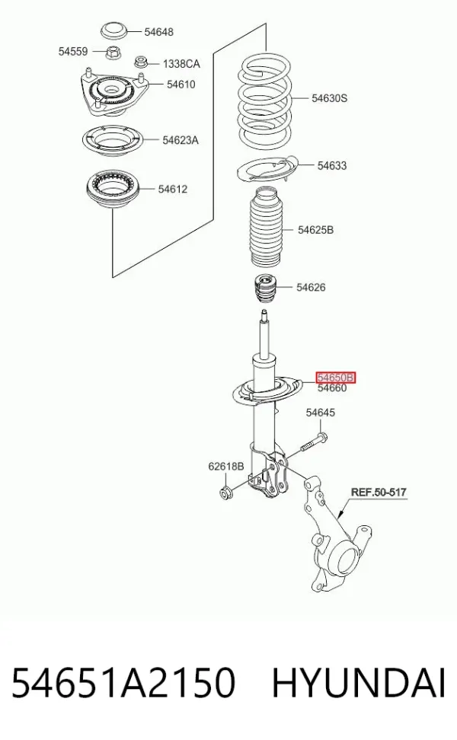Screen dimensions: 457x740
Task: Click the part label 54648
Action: (158, 32)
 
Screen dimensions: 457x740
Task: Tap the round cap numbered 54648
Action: (114, 31)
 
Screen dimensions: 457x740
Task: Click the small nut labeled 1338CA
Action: (141, 61)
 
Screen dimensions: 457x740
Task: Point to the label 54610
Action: (181, 85)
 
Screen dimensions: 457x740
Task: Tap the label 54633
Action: (332, 166)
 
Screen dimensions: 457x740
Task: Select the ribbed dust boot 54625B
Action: (267, 228)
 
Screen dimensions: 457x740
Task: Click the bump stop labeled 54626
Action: (264, 288)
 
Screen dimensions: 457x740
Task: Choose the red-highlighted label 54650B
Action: (336, 378)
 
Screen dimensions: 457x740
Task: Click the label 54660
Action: (332, 388)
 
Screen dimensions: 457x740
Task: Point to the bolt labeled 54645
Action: (312, 442)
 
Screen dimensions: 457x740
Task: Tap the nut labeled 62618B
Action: (225, 493)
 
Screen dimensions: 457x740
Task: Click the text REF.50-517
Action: (379, 493)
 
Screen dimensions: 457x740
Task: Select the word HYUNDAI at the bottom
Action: (359, 683)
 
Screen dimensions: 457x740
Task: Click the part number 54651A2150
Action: (123, 683)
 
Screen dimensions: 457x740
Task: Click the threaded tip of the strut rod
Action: (264, 314)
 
